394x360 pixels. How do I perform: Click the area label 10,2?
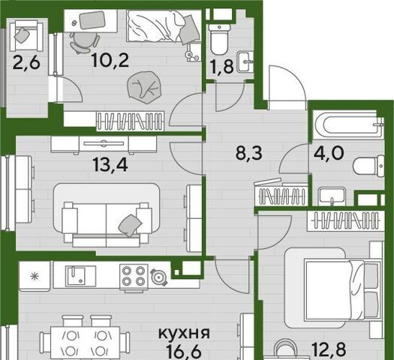coord(110,61)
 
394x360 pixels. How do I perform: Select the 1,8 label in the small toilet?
coord(223,67)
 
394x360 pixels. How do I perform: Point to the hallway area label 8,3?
coord(248,153)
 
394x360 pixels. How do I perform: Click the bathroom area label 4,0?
coord(329,153)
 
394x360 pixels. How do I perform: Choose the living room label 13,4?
coord(110,165)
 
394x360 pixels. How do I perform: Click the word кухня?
coord(184,333)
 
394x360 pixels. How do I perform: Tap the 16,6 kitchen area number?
coord(184,352)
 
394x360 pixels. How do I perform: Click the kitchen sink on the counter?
coord(80,276)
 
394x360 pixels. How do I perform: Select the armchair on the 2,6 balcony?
coord(26,35)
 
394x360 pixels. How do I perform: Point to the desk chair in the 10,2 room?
coord(84,42)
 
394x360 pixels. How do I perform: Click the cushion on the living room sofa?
coord(130,225)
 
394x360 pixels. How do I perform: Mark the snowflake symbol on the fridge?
coord(33,276)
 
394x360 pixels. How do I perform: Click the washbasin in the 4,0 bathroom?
coord(332,196)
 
